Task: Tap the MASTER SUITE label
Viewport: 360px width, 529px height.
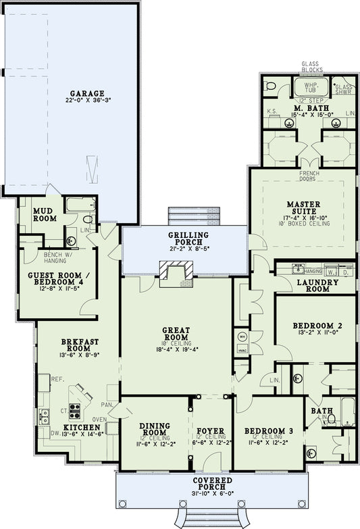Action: point(303,207)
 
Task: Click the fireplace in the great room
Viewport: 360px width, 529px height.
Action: point(176,274)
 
